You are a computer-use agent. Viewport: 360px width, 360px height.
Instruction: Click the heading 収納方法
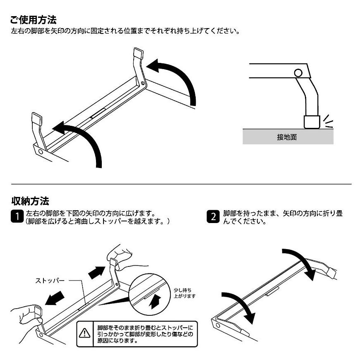30,202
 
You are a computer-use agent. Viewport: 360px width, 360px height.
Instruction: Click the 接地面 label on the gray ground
287,137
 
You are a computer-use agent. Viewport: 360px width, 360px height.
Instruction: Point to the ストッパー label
50,281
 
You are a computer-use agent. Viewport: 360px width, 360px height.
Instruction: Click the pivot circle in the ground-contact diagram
298,74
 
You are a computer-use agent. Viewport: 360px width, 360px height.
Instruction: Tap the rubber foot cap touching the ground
311,122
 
